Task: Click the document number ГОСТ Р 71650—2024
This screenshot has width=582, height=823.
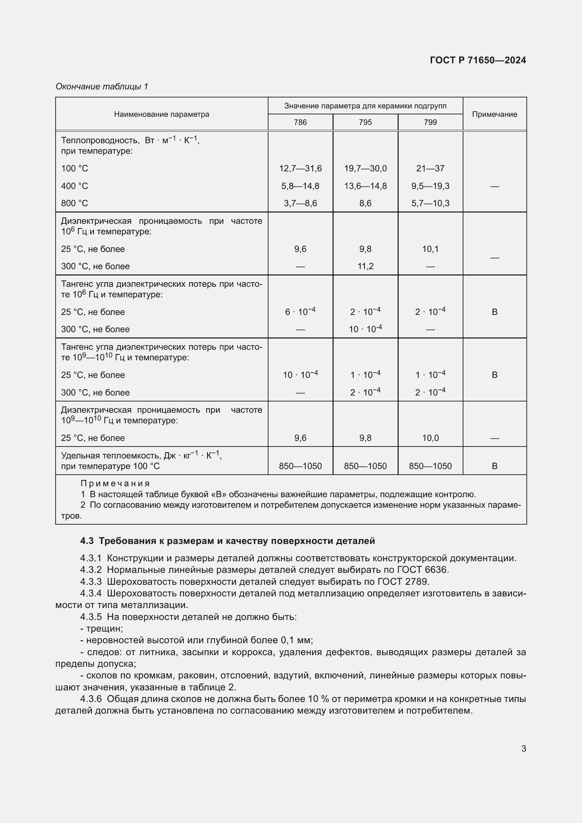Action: coord(478,60)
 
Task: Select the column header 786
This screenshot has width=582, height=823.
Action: coord(300,122)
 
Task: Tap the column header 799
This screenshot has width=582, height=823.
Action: coord(430,122)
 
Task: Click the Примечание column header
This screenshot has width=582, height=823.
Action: coord(494,114)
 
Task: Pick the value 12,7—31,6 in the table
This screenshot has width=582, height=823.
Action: coord(300,169)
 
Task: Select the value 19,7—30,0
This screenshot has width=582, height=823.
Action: coord(365,169)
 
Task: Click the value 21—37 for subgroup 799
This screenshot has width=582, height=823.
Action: coord(430,169)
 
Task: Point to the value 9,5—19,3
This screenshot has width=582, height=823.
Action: coord(430,186)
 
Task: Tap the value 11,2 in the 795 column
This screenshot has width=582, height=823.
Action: coord(365,266)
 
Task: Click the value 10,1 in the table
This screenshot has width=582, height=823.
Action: coord(430,249)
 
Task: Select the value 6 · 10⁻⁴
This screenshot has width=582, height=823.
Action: coord(300,312)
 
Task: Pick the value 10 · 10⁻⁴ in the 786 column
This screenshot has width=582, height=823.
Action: coord(300,375)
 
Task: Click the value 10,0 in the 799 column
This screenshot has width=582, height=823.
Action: coord(430,438)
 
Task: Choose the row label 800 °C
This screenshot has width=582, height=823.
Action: coord(74,204)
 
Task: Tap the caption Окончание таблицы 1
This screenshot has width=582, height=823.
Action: coord(102,87)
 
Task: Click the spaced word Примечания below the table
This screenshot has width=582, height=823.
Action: coord(115,483)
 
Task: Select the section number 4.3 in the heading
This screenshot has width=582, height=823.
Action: coord(87,541)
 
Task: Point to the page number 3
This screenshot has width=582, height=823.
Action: coord(523,748)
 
